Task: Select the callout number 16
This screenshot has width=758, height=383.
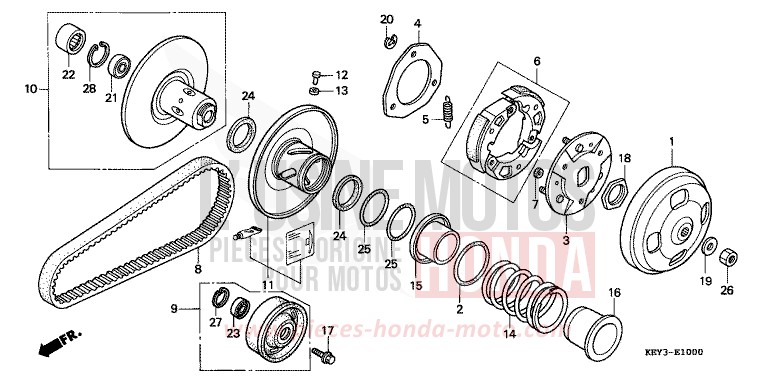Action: pos(614,292)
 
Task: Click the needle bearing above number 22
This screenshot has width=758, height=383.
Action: pos(69,41)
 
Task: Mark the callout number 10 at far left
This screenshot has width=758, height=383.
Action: pos(30,89)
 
